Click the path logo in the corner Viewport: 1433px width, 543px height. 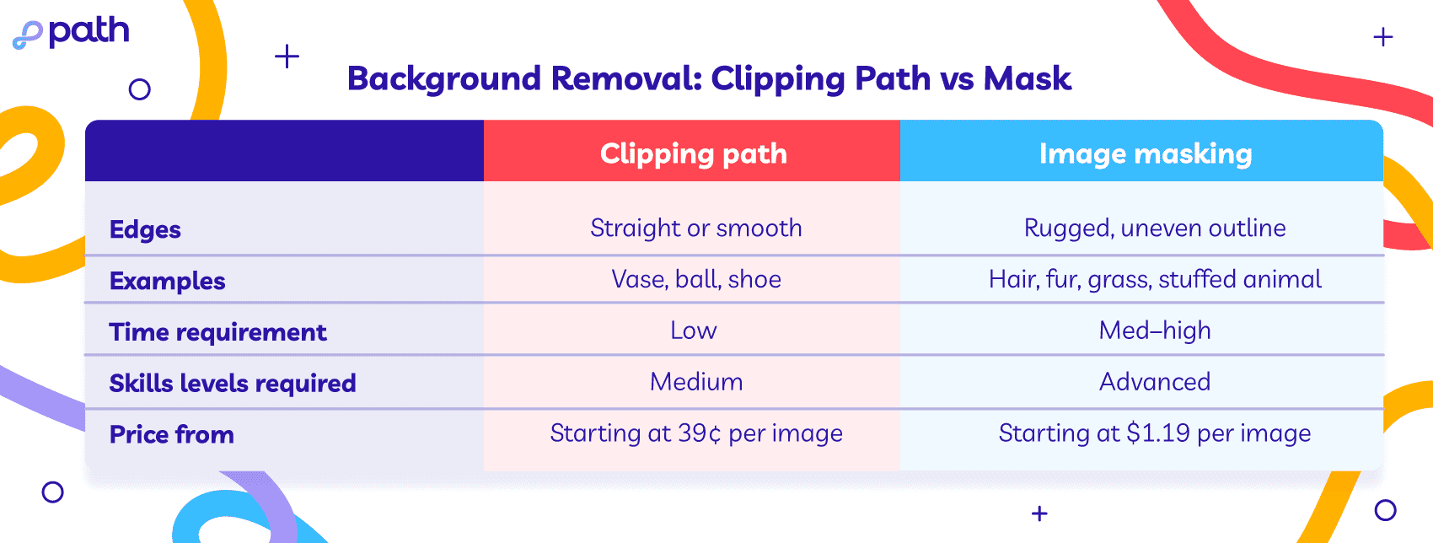70,33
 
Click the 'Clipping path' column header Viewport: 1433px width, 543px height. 694,154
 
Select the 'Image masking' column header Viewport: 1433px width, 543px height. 1145,154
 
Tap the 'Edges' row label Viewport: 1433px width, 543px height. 145,230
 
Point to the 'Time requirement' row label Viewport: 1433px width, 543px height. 217,332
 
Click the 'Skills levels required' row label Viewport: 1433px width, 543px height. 232,383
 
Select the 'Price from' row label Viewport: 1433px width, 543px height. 171,435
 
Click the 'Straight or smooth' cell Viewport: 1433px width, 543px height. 696,228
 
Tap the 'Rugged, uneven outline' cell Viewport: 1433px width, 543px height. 1155,228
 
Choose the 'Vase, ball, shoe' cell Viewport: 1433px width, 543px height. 696,279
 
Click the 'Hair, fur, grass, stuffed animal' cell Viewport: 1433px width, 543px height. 1155,279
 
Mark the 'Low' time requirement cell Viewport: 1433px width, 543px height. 694,331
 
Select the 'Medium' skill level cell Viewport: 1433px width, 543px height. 696,382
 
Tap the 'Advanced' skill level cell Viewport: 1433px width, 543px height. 1155,382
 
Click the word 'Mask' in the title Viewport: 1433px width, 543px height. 1028,78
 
